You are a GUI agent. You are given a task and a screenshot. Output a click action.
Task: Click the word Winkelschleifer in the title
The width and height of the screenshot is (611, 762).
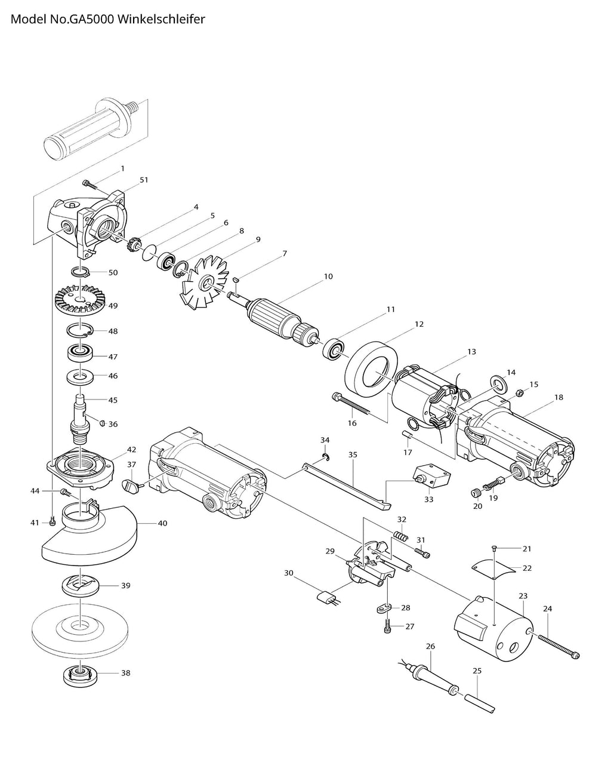coord(162,19)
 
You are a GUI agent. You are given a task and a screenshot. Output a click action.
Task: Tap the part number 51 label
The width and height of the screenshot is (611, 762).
coord(143,179)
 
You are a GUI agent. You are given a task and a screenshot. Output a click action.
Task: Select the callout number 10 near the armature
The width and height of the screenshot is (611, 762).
coord(328,276)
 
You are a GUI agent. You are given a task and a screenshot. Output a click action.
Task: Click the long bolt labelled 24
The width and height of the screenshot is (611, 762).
coord(559,647)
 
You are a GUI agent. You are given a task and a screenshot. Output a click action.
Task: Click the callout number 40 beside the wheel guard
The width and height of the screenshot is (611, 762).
coord(162,523)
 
